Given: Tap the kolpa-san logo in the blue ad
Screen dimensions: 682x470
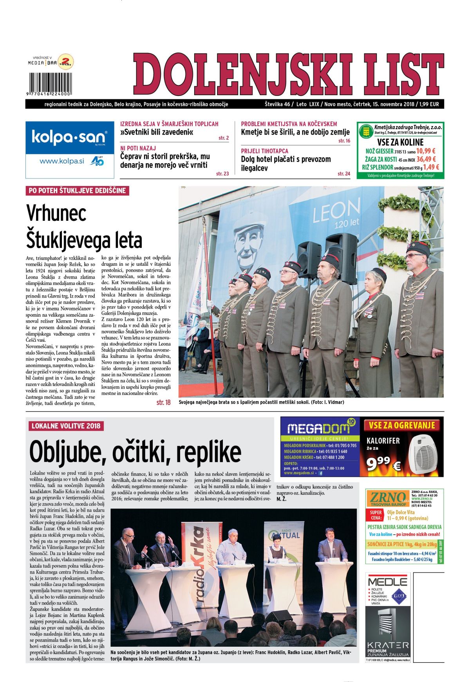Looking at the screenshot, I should pos(69,137).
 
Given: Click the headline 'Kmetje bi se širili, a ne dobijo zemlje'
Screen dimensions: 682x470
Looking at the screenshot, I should pos(295,132).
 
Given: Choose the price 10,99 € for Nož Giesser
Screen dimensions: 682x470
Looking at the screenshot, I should pos(426,151).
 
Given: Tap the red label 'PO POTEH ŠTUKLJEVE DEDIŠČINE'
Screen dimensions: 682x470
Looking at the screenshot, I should pos(77,191).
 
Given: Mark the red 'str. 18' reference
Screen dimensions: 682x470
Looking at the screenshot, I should pos(163,402).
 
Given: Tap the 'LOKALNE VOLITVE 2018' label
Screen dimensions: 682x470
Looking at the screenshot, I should pos(66,426).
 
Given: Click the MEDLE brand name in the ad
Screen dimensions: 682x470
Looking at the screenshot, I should pos(387,581).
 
